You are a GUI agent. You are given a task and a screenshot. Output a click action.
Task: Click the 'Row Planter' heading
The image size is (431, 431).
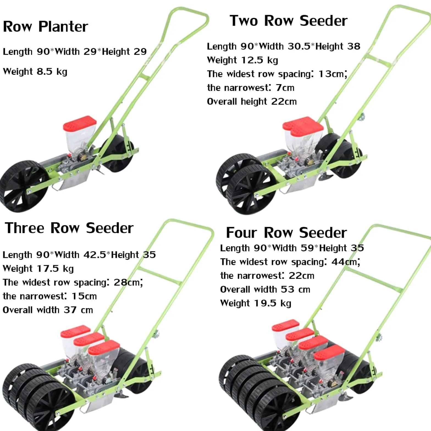[45, 27]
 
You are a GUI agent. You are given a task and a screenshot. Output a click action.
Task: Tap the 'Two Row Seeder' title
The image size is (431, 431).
[289, 21]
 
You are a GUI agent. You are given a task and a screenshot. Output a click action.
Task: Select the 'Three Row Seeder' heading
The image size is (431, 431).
[69, 228]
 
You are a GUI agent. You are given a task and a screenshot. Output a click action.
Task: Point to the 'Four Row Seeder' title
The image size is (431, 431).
[286, 233]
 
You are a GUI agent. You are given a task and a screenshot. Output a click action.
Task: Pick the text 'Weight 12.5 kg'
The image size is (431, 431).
[242, 60]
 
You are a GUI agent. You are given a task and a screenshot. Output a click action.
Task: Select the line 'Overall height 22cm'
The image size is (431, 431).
[252, 101]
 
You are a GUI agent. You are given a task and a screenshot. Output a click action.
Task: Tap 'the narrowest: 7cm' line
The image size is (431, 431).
[251, 88]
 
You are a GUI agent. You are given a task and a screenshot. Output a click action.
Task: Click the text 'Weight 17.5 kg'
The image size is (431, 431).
[38, 269]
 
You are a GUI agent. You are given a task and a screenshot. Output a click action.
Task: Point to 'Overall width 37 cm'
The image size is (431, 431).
[48, 310]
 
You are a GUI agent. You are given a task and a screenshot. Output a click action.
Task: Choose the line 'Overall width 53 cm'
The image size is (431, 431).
[265, 289]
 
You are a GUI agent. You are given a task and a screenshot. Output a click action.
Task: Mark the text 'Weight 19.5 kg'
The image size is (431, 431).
[256, 303]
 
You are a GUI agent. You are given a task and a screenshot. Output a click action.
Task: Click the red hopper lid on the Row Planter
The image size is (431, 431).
[80, 123]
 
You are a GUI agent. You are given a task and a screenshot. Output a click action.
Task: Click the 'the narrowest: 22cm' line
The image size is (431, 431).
[267, 276]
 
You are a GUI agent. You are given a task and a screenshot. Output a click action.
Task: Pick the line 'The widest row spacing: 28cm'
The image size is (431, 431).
[73, 283]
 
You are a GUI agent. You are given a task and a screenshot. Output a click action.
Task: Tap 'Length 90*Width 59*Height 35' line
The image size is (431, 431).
[292, 248]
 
